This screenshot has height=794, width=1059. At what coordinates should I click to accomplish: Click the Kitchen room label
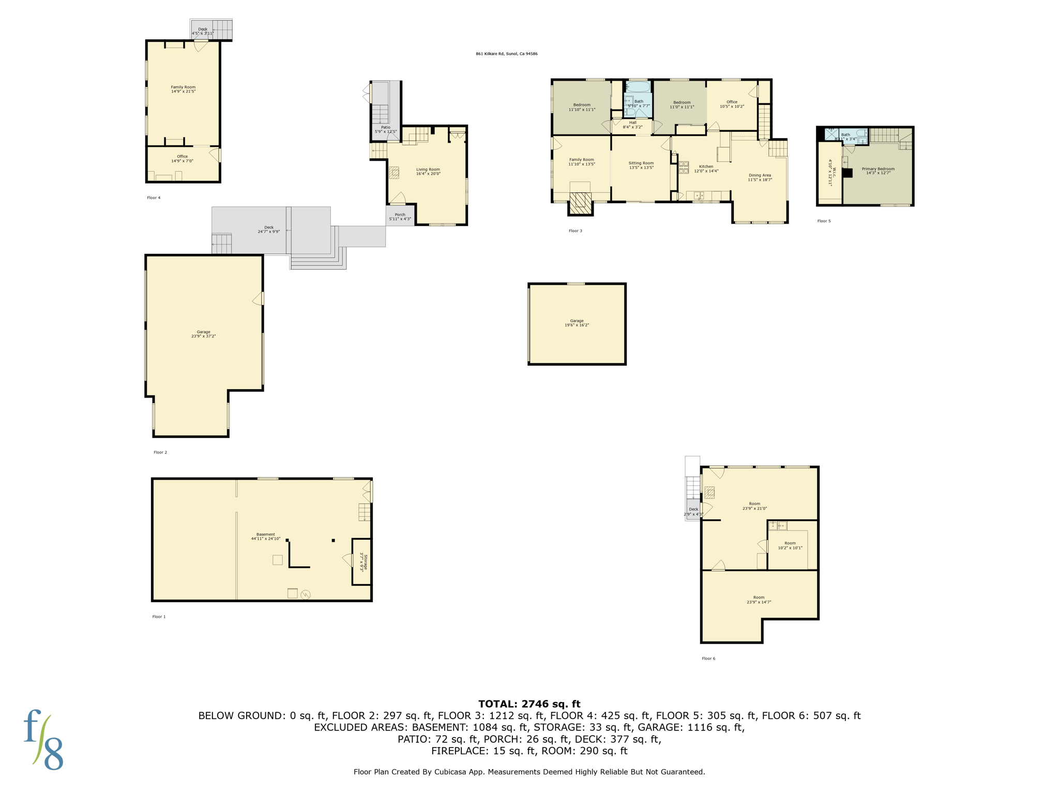(706, 169)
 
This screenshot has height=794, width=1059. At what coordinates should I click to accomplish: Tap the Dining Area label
(760, 177)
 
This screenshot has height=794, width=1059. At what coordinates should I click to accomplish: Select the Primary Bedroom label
(878, 171)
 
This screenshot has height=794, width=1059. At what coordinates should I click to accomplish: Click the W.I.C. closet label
(830, 172)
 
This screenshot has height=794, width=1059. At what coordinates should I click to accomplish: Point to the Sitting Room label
(641, 165)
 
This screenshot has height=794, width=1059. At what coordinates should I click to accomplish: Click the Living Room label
(428, 171)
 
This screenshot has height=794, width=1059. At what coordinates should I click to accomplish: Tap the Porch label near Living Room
(400, 217)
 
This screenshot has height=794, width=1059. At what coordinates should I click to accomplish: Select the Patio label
(386, 129)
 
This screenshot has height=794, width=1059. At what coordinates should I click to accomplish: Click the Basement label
(266, 536)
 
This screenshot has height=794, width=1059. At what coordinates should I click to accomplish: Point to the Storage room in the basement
(364, 563)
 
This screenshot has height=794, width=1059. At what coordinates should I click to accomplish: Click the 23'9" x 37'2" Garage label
(203, 334)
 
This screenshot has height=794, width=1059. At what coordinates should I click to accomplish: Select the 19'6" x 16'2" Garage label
(577, 323)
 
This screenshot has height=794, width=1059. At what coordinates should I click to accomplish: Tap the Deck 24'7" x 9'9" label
(269, 229)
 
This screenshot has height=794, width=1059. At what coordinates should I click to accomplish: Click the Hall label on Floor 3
(632, 125)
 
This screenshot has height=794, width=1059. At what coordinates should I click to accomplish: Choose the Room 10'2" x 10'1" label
(790, 545)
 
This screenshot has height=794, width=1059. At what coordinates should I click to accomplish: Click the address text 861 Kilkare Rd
(506, 54)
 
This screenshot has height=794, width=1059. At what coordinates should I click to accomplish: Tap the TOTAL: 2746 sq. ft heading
(529, 704)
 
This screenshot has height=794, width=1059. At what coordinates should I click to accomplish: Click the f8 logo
(43, 740)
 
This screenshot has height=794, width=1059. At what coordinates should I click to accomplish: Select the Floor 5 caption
(824, 221)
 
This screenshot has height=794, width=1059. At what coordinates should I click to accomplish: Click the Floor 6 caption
(708, 658)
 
